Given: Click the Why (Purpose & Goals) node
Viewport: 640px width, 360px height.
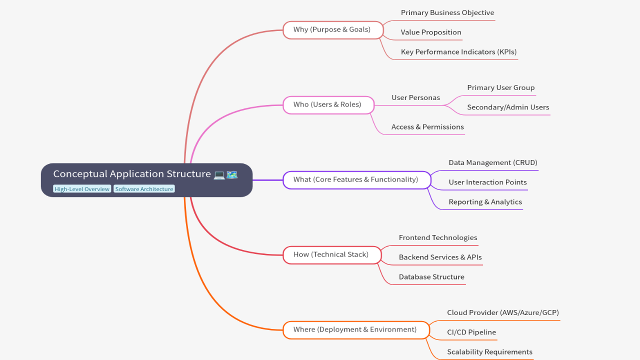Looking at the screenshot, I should click(332, 29).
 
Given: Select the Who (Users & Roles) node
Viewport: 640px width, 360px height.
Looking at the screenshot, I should click(328, 104).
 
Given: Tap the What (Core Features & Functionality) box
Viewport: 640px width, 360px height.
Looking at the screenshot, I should click(356, 179).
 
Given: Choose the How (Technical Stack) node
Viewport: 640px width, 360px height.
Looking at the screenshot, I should click(331, 254).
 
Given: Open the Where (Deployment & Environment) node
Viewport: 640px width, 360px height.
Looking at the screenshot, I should click(355, 329).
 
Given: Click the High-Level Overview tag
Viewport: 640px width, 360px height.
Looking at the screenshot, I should click(82, 189).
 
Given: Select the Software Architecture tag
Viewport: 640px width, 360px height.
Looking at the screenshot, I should click(144, 189).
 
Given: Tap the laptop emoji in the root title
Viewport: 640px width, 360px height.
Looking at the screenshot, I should click(219, 174).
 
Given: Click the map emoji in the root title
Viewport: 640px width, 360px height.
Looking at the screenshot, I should click(232, 174).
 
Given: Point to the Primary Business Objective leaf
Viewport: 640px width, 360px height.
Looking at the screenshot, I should click(447, 13).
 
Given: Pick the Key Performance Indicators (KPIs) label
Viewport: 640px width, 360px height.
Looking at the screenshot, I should click(458, 52).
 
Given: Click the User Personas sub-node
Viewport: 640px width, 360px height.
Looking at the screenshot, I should click(415, 98).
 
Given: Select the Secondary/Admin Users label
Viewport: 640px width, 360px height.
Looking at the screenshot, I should click(508, 107).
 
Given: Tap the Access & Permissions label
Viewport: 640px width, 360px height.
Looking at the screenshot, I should click(427, 127).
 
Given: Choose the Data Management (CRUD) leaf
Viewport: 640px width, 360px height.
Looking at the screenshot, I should click(492, 163).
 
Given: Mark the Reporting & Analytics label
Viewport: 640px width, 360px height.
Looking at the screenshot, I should click(485, 202).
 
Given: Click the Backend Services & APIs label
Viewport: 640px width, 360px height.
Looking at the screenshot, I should click(440, 257).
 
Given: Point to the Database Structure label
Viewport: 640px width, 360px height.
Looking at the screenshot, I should click(431, 277).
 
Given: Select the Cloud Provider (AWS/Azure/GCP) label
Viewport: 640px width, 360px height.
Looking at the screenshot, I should click(502, 313).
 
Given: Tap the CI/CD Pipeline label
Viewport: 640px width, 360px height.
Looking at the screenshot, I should click(471, 332).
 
